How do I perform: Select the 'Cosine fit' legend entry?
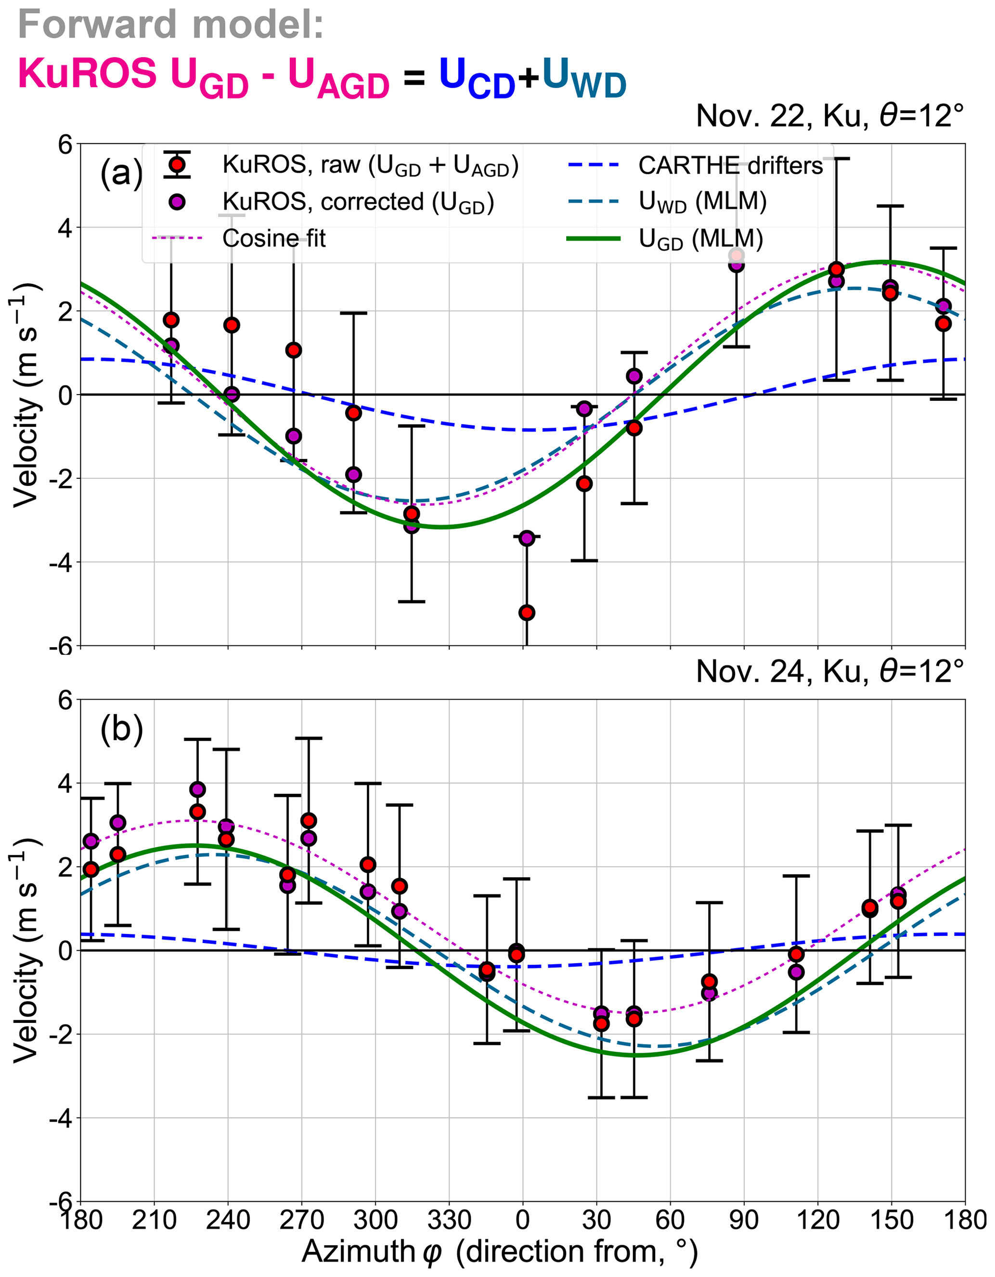point(273,239)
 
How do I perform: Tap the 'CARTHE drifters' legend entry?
point(730,166)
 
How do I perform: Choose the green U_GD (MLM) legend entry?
point(700,239)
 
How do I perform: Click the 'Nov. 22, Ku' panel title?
point(829,116)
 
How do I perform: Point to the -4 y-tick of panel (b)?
point(60,1119)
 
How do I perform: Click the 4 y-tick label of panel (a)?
point(65,228)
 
